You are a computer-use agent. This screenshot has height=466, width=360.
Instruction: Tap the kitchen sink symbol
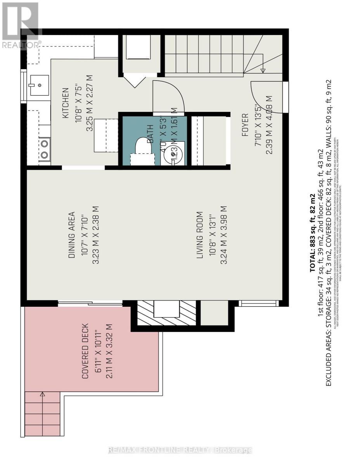pyautogui.click(x=38, y=85)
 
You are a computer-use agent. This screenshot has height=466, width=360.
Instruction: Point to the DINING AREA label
pyautogui.click(x=71, y=235)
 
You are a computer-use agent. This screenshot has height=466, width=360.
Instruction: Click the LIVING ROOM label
pyautogui.click(x=200, y=235)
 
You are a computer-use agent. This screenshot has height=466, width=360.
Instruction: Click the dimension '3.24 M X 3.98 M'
pyautogui.click(x=223, y=235)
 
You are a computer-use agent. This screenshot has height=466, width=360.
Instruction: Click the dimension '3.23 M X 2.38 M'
pyautogui.click(x=95, y=235)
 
